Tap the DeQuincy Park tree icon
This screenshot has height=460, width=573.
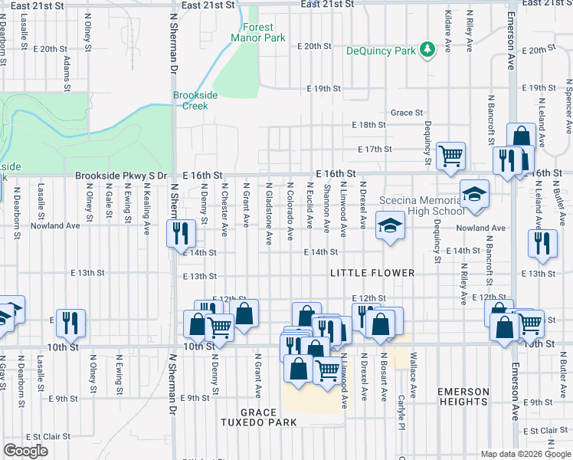[x=427, y=50]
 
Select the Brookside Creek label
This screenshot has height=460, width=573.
[x=195, y=100]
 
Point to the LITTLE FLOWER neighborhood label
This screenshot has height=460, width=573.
[x=372, y=273]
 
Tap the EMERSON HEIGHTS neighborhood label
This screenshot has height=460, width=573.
[x=463, y=396]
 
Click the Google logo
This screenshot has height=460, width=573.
[x=25, y=451]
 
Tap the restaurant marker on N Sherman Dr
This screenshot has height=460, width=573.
[x=180, y=232]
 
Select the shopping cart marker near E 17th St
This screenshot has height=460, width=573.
[x=450, y=155]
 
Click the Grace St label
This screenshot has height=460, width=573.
[x=407, y=113]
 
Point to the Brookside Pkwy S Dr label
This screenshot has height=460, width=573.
[x=121, y=176]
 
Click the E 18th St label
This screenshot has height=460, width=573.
[x=368, y=125]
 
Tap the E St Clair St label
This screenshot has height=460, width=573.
[x=46, y=437]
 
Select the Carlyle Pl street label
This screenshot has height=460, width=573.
[x=400, y=410]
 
